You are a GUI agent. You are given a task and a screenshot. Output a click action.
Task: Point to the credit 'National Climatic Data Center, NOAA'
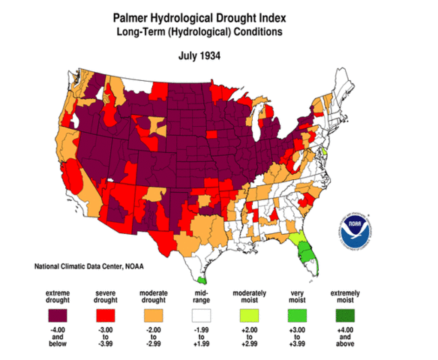tap(94, 267)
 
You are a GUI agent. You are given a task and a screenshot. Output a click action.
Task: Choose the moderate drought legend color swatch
tap(160, 313)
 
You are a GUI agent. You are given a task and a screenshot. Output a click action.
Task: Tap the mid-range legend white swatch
tap(211, 313)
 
